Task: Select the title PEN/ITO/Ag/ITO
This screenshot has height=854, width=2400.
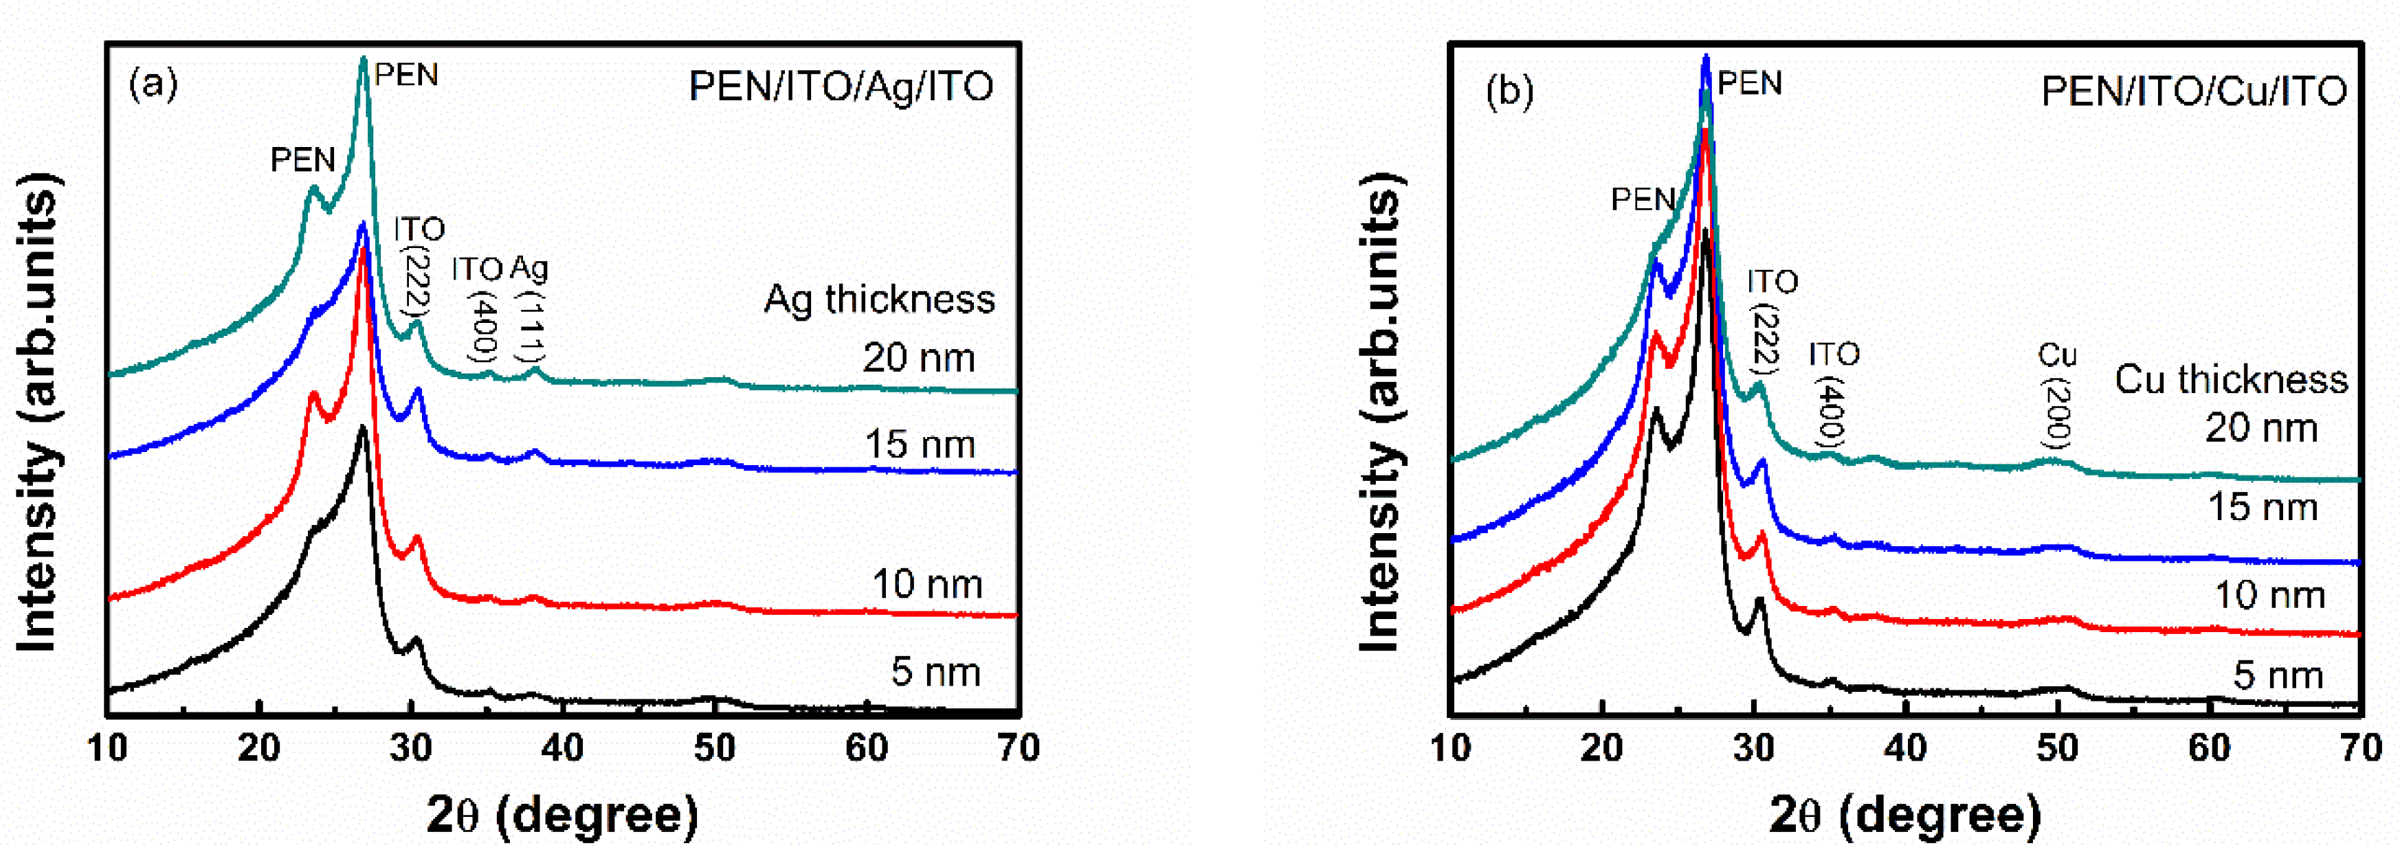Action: (841, 87)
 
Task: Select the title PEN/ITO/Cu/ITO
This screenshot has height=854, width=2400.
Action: (2193, 91)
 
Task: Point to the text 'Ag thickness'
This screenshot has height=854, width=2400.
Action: (878, 299)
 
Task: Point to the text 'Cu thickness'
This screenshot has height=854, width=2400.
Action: (2230, 379)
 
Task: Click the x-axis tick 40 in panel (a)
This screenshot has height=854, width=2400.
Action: (563, 747)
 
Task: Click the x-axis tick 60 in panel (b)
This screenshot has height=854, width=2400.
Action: (2208, 747)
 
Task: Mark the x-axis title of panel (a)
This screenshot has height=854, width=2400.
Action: (562, 815)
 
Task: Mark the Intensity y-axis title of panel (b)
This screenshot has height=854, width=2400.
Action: (1380, 414)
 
